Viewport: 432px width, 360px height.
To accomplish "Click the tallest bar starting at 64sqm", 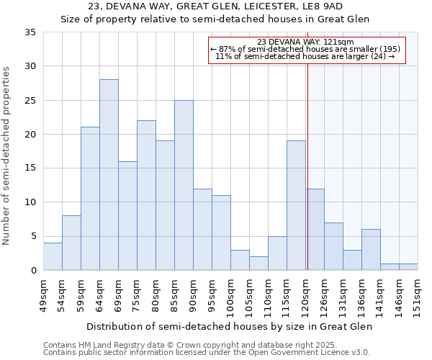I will tap(109, 175).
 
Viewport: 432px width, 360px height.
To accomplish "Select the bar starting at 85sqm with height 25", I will tap(184, 185).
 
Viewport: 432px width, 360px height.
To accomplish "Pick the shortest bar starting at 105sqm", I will tap(258, 264).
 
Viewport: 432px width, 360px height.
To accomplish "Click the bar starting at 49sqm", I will tap(53, 257).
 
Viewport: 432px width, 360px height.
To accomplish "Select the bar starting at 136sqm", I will tap(371, 250).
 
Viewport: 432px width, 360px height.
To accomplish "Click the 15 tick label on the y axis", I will tap(30, 168).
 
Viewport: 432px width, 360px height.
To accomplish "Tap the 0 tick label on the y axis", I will tap(33, 271).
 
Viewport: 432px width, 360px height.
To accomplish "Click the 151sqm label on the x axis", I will tap(418, 294).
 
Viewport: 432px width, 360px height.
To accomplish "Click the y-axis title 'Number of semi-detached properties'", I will tap(6, 156).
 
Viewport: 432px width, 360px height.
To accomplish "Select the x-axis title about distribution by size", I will tap(230, 326).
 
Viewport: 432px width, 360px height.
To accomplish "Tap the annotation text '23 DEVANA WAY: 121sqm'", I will tap(305, 42).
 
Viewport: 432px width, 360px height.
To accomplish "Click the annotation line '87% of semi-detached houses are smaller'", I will tap(305, 49).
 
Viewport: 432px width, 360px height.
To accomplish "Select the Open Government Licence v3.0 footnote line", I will tap(207, 352).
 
